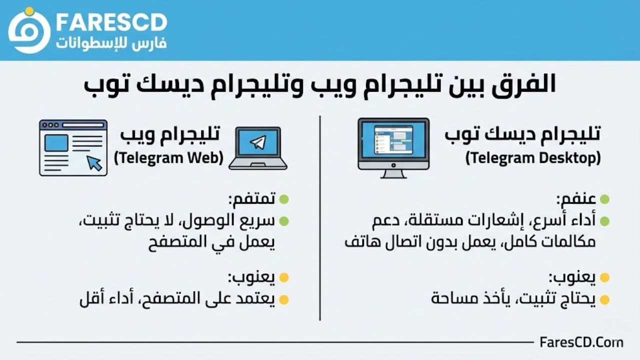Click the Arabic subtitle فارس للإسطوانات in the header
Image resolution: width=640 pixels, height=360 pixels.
click(x=111, y=43)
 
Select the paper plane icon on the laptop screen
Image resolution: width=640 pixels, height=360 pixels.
click(x=258, y=142)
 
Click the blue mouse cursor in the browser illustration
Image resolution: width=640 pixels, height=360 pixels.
click(x=94, y=163)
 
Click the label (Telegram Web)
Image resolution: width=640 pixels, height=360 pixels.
click(x=168, y=158)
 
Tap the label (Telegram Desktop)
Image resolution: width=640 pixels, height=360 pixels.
click(x=533, y=158)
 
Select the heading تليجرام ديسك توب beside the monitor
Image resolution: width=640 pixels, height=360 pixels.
click(x=522, y=134)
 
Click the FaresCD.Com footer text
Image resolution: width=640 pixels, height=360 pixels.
click(x=581, y=342)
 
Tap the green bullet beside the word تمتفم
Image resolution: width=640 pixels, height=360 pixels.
click(x=284, y=199)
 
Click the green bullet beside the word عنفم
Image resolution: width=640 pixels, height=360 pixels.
click(x=604, y=199)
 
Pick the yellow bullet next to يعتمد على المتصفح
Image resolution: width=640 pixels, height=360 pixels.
click(x=284, y=299)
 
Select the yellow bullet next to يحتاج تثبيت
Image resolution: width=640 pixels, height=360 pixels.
click(x=604, y=299)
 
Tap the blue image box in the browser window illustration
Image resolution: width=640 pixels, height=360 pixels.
click(x=56, y=143)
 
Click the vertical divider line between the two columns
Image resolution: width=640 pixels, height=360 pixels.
click(x=320, y=218)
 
